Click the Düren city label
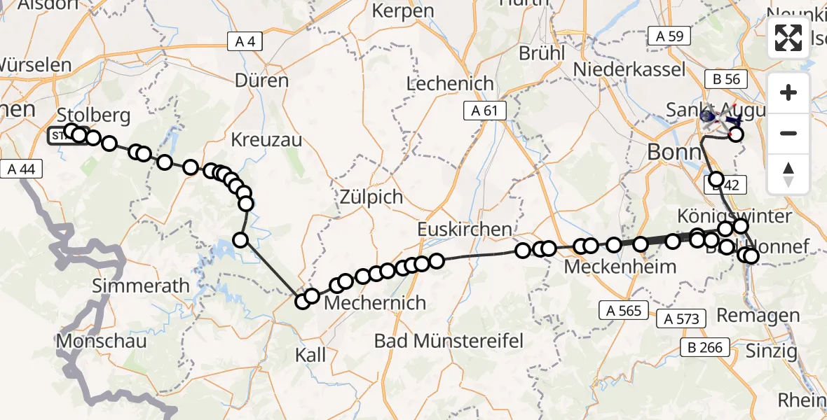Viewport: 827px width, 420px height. pyautogui.click(x=261, y=80)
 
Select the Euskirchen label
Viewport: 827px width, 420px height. pyautogui.click(x=464, y=230)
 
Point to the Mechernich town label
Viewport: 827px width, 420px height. pyautogui.click(x=376, y=303)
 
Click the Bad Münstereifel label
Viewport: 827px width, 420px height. pyautogui.click(x=449, y=342)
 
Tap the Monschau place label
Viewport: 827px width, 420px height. pyautogui.click(x=103, y=342)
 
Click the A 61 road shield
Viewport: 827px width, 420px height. pyautogui.click(x=484, y=110)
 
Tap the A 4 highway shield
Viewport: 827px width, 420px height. pyautogui.click(x=245, y=41)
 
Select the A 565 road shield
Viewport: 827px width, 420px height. pyautogui.click(x=620, y=310)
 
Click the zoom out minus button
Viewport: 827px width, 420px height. pyautogui.click(x=788, y=133)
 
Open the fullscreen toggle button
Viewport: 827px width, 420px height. pyautogui.click(x=788, y=38)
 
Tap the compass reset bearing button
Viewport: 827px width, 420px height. pyautogui.click(x=788, y=174)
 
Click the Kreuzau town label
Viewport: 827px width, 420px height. pyautogui.click(x=266, y=140)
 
